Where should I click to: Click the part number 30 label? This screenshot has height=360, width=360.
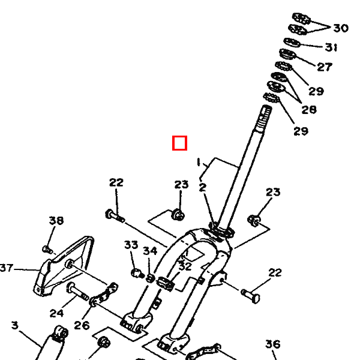[341, 28]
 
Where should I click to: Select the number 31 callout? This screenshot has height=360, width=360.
[331, 47]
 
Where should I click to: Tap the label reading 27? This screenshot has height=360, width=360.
[325, 67]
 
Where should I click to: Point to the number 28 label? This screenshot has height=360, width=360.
[309, 110]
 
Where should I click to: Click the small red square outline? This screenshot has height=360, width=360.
[180, 143]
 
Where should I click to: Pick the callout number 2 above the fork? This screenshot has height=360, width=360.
[202, 188]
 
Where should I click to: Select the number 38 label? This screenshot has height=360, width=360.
[56, 220]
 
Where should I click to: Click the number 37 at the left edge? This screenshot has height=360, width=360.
[6, 268]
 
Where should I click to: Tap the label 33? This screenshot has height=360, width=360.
[131, 245]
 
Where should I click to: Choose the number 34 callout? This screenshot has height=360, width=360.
[150, 251]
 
